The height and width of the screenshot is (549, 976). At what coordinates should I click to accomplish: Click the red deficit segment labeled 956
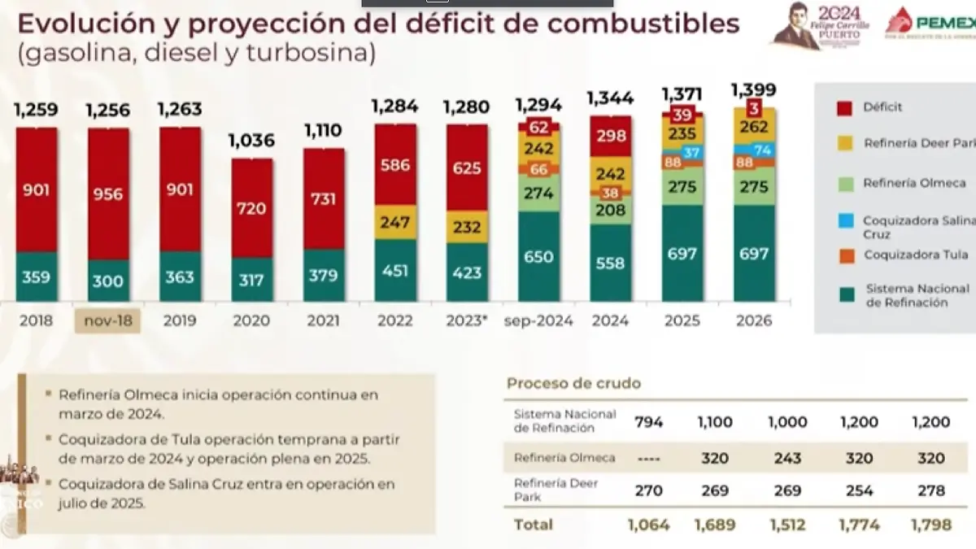coord(108,194)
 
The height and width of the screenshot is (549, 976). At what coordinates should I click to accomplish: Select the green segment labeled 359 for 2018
coord(37,277)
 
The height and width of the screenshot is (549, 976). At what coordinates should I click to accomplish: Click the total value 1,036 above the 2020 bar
coord(251,141)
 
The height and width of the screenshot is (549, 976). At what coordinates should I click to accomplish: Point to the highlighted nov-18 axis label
coord(108,320)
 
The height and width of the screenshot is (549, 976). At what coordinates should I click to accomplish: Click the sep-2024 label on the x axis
coord(538,320)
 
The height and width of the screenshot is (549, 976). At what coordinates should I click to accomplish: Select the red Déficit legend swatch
coord(844,107)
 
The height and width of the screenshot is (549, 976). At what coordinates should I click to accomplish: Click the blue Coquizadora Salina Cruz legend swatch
coord(844,220)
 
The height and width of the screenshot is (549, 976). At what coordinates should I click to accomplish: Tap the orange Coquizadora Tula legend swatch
coord(844,255)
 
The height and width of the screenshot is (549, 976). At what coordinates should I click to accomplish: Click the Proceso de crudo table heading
coord(573,383)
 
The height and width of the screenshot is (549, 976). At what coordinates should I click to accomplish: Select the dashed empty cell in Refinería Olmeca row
coord(648,458)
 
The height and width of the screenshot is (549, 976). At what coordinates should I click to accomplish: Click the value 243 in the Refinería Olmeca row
coord(786,458)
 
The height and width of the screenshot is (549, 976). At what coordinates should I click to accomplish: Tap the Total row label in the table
coord(533,525)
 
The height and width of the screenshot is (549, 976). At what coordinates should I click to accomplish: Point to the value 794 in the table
coord(648,422)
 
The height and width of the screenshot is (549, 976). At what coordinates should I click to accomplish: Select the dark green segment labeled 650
coord(538,257)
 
